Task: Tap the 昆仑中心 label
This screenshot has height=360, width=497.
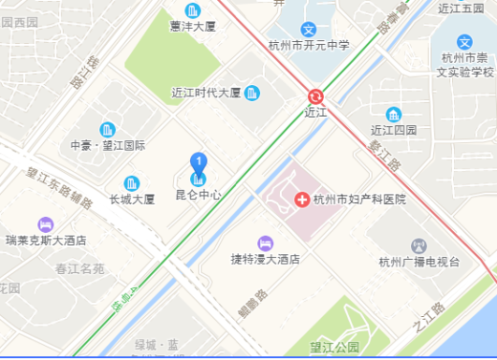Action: pos(199,195)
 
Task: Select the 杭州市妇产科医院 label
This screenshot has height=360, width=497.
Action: pos(359,200)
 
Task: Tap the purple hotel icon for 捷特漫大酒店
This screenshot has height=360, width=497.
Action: pos(266,242)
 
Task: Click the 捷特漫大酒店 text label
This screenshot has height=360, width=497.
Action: pos(266,259)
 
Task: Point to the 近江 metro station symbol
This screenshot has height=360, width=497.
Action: pos(314,95)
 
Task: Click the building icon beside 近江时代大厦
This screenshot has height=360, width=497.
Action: pos(252,93)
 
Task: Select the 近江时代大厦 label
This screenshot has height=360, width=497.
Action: pos(205,94)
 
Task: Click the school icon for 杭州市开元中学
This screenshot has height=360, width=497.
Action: pos(309,30)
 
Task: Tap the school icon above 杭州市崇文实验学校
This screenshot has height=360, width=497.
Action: pos(464,43)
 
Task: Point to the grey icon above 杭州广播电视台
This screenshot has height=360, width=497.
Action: pos(418,245)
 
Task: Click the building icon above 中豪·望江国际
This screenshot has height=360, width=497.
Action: pos(107,129)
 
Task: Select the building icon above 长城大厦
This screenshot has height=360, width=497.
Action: pos(132,182)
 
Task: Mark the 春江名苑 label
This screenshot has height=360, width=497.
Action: pos(80,269)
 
